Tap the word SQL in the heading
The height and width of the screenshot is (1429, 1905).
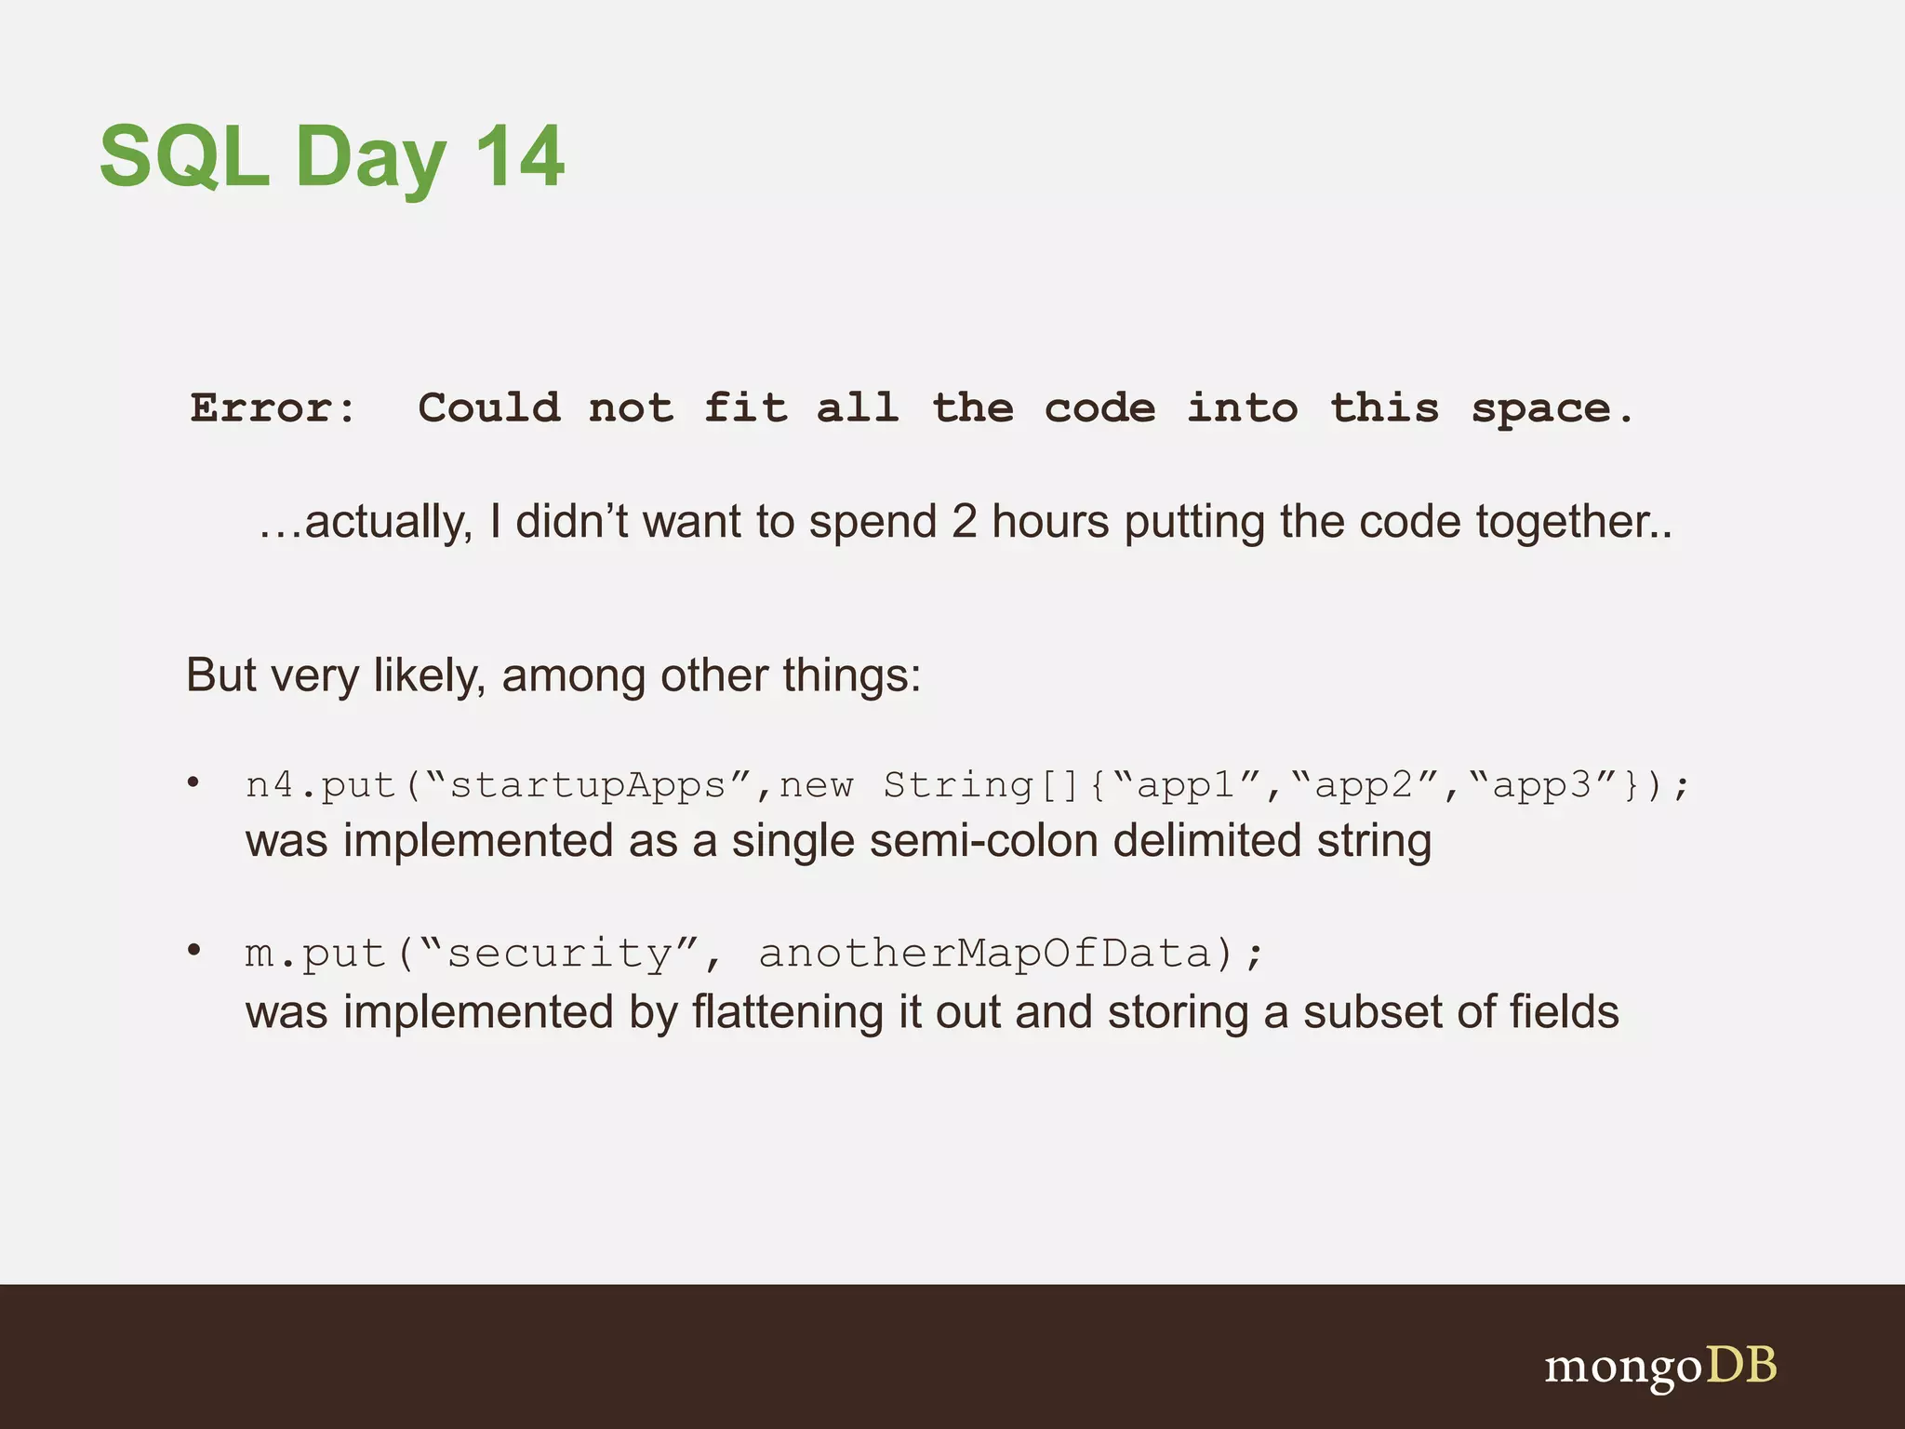tap(184, 156)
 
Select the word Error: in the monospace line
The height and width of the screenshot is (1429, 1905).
tap(273, 407)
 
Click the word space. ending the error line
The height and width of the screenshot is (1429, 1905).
tap(1551, 407)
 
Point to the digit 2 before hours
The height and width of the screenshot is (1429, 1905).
tap(964, 521)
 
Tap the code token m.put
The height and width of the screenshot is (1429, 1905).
tap(314, 953)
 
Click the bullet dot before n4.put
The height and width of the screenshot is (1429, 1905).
tap(193, 781)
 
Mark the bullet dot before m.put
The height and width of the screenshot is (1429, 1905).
tap(193, 950)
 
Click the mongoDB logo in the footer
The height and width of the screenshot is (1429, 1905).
tap(1660, 1367)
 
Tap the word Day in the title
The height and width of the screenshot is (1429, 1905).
tap(370, 156)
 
